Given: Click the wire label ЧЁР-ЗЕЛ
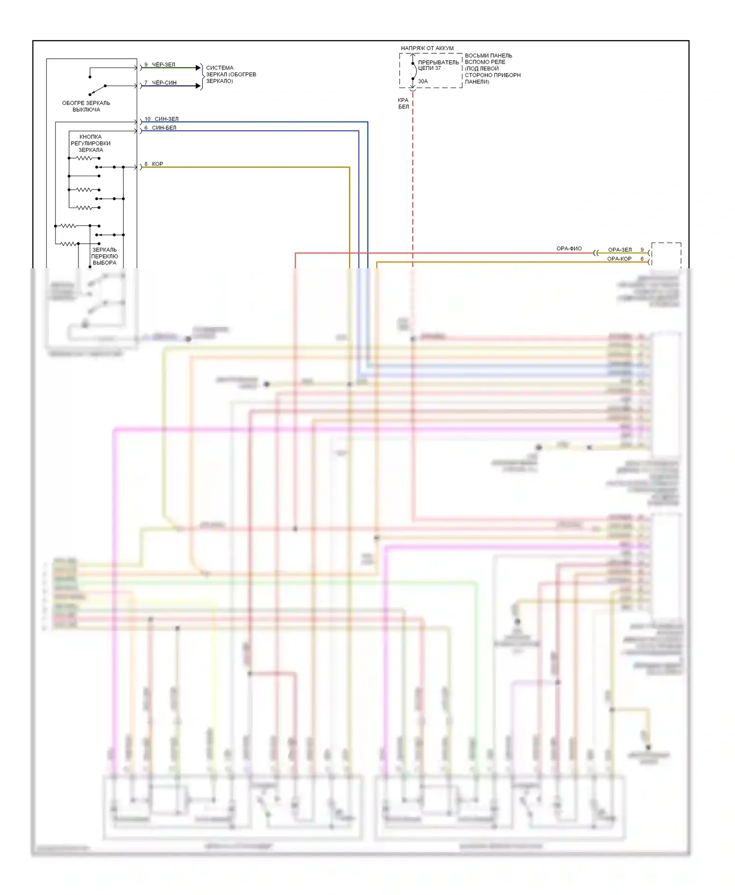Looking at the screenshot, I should tap(163, 65).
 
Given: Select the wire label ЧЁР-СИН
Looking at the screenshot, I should tap(164, 83).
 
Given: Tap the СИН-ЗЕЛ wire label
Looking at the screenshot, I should tap(167, 119).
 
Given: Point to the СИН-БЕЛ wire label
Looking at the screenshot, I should tap(164, 128).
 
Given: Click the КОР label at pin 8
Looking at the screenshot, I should tap(157, 164).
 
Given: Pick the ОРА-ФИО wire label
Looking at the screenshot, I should tap(569, 249).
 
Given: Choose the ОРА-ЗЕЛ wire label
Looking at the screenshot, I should tap(620, 250).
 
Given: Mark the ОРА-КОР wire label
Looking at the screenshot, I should tap(619, 259).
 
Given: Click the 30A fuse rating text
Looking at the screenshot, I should tap(423, 81).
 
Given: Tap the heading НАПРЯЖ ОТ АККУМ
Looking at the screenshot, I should tap(427, 48).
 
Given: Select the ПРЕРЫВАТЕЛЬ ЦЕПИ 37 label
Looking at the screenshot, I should tap(438, 65).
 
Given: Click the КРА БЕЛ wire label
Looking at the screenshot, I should tap(403, 103).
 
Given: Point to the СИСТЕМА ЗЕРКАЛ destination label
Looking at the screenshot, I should tap(231, 74).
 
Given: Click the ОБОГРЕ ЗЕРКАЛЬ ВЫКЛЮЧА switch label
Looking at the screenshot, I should tap(86, 106).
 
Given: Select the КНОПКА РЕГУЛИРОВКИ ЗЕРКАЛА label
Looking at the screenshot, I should tap(91, 143).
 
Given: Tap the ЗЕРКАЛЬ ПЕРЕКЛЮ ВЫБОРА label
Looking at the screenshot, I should tap(104, 256).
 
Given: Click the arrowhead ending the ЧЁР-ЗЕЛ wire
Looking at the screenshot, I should tap(198, 68).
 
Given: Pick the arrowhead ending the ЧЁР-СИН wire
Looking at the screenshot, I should tap(198, 86).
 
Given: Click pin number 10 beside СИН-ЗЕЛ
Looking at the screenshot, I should tap(147, 119).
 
